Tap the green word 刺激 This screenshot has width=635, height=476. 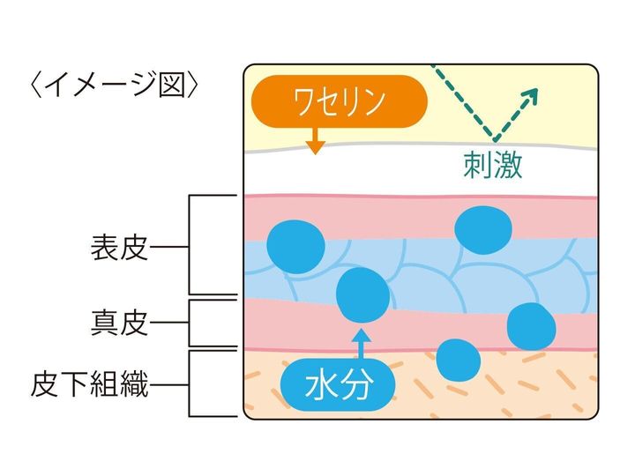coord(492,164)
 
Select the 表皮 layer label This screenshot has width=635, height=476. coord(118,247)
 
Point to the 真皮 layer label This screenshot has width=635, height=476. coord(118,324)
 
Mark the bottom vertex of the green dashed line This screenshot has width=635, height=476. coord(496,141)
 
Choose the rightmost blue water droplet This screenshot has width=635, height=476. coord(532,325)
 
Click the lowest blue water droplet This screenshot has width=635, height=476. coord(459,361)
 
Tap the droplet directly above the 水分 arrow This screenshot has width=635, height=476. coord(362,294)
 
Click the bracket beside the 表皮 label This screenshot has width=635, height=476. coord(191,246)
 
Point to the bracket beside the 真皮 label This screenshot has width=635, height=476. coord(191,324)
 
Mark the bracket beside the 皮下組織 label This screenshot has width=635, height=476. coord(191,384)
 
